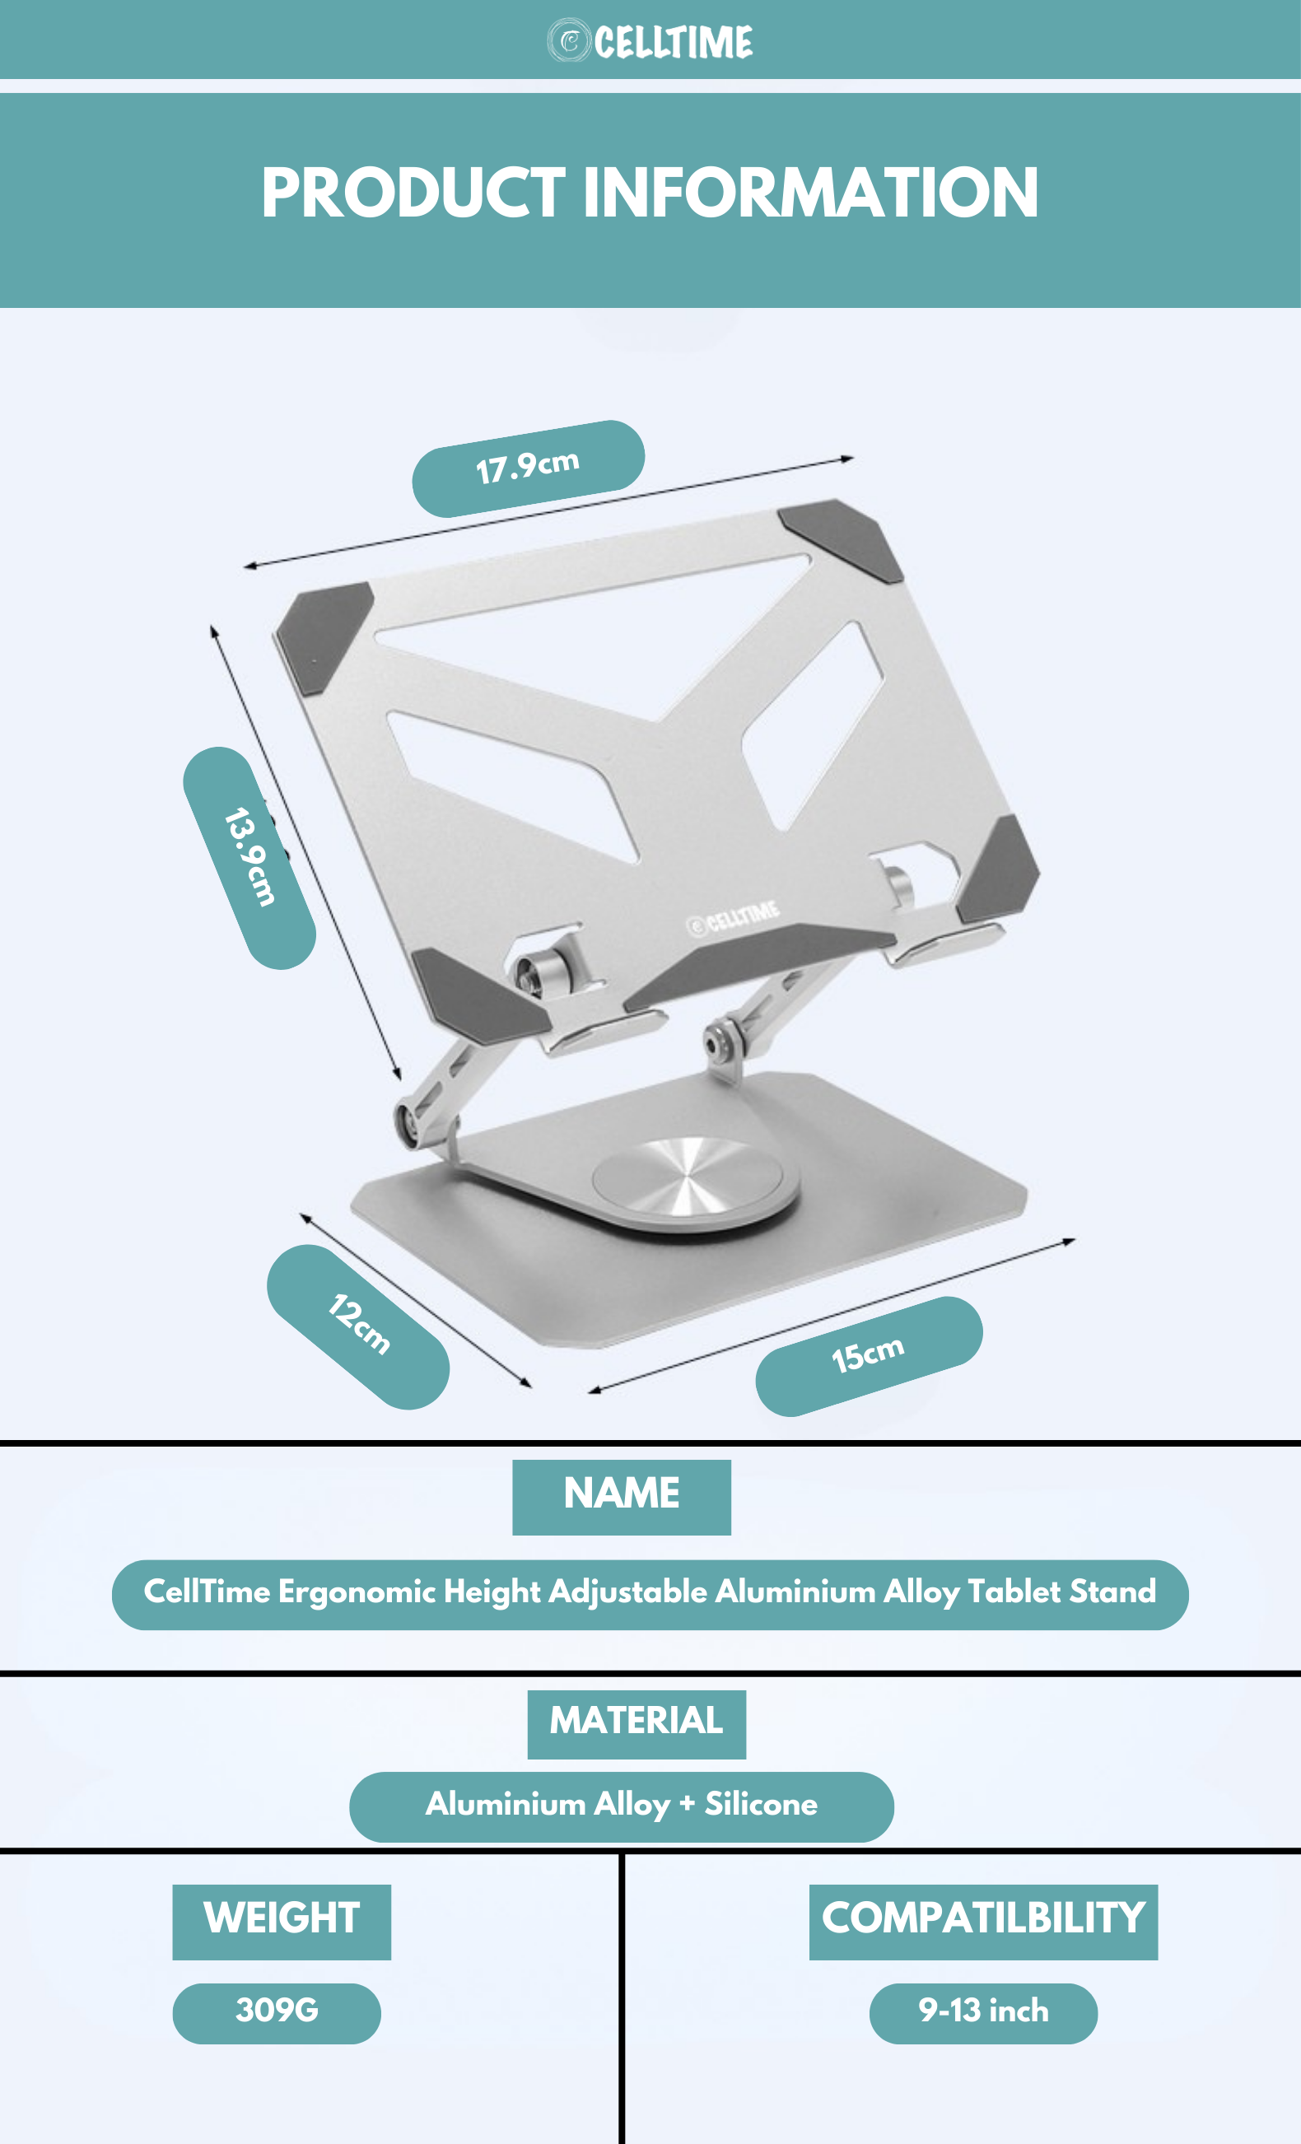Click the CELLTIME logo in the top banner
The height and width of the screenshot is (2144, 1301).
[x=650, y=41]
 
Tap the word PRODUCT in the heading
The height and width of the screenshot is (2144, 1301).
[x=413, y=193]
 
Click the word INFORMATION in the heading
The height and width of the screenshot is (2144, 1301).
[x=810, y=193]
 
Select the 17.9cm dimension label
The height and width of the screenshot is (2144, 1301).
[x=529, y=468]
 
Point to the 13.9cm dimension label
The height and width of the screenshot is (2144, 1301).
[x=249, y=858]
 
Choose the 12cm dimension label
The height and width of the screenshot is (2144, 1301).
[x=358, y=1326]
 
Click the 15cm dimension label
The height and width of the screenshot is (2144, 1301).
[x=869, y=1356]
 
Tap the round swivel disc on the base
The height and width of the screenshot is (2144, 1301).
[x=694, y=1183]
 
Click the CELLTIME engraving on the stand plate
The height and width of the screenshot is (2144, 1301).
[x=733, y=916]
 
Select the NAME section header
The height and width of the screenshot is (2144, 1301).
[x=622, y=1497]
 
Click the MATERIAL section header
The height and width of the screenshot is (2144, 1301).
[x=637, y=1724]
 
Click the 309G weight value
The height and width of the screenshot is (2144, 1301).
[x=277, y=2013]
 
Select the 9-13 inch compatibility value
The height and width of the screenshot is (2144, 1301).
[x=983, y=2013]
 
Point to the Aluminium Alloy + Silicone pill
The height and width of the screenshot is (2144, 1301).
[x=622, y=1807]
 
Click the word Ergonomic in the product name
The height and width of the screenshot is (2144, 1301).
[x=357, y=1593]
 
